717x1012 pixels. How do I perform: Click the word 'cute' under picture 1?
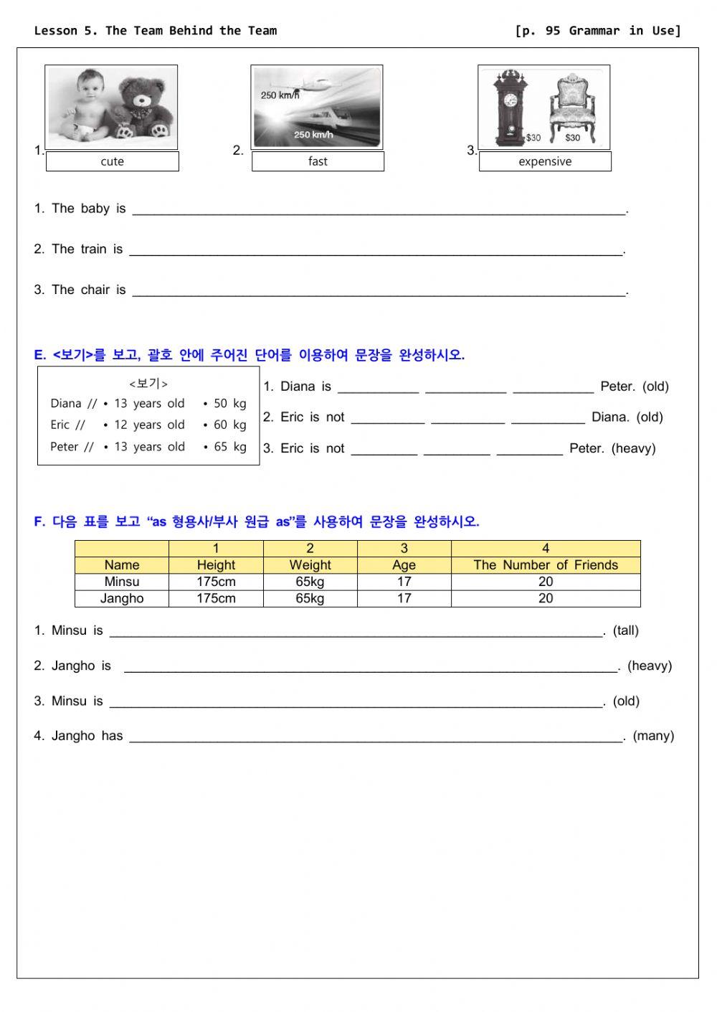point(112,161)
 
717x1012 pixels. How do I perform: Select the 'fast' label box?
point(318,161)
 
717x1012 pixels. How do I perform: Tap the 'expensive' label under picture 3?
point(545,161)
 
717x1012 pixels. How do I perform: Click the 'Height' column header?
point(216,564)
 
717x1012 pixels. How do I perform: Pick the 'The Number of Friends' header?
point(545,564)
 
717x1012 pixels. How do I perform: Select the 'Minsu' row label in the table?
point(122,582)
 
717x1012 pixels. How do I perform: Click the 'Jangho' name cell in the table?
point(122,598)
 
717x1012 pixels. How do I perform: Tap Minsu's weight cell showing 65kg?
point(310,582)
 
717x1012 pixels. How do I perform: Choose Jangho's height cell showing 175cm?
point(216,598)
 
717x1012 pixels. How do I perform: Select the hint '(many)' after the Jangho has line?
point(653,735)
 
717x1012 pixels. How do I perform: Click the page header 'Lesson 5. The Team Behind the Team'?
point(156,30)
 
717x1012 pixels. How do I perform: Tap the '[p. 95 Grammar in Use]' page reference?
point(597,30)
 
